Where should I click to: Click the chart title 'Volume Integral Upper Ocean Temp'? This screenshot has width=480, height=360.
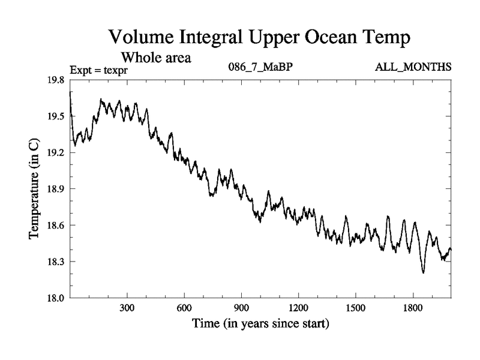[260, 37]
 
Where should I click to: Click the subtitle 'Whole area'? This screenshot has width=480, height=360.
[157, 58]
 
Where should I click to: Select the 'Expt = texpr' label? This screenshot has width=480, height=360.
[100, 70]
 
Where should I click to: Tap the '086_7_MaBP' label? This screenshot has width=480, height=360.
[260, 67]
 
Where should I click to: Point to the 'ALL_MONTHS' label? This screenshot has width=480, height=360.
[413, 67]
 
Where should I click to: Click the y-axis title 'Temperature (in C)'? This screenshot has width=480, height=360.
[35, 188]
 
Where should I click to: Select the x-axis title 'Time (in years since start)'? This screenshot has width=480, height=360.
[260, 325]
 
